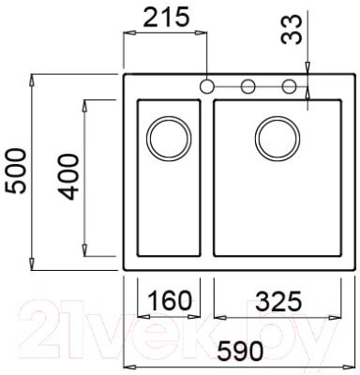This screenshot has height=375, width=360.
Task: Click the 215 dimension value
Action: tap(166, 17)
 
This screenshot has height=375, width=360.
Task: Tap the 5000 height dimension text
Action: tap(16, 172)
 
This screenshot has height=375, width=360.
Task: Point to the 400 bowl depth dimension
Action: tap(68, 176)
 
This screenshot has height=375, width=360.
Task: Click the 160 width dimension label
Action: tap(169, 300)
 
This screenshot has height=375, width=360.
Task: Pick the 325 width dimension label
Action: tap(279, 302)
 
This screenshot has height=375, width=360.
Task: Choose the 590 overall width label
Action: tap(240, 351)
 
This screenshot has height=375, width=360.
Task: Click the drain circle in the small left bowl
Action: tap(169, 139)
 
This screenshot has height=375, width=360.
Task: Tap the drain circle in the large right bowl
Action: tap(277, 139)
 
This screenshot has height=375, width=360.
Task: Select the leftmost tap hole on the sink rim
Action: tap(206, 86)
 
